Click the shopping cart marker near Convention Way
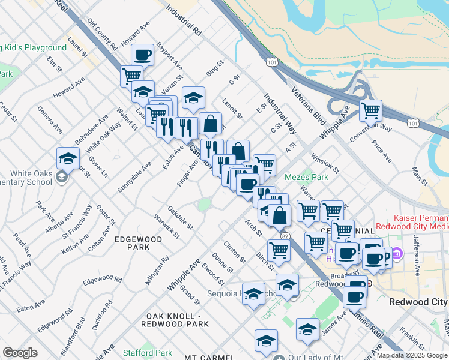point(371,110)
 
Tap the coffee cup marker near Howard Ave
point(143,55)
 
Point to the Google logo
point(20,353)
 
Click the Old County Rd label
point(103,34)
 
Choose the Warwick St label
point(166,224)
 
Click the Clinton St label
point(234,252)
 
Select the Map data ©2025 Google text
point(411,355)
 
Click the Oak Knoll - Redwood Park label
point(175,320)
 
